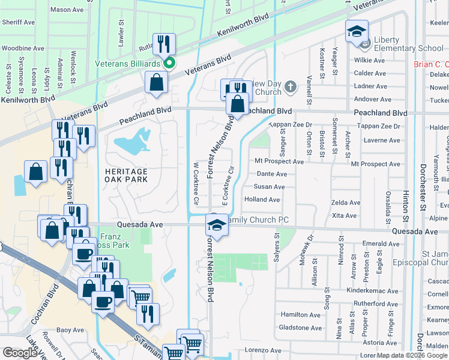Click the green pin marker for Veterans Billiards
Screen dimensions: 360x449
pyautogui.click(x=170, y=62)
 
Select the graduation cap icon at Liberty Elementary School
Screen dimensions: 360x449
pyautogui.click(x=356, y=31)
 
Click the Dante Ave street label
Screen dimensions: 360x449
pyautogui.click(x=271, y=174)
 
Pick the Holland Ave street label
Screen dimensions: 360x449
pyautogui.click(x=262, y=200)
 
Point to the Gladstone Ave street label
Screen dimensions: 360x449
pyautogui.click(x=301, y=328)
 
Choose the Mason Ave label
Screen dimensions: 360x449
pyautogui.click(x=67, y=10)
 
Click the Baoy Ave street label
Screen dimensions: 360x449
pyautogui.click(x=70, y=330)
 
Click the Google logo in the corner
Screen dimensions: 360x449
pyautogui.click(x=20, y=353)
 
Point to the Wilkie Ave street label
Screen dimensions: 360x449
pyautogui.click(x=370, y=61)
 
